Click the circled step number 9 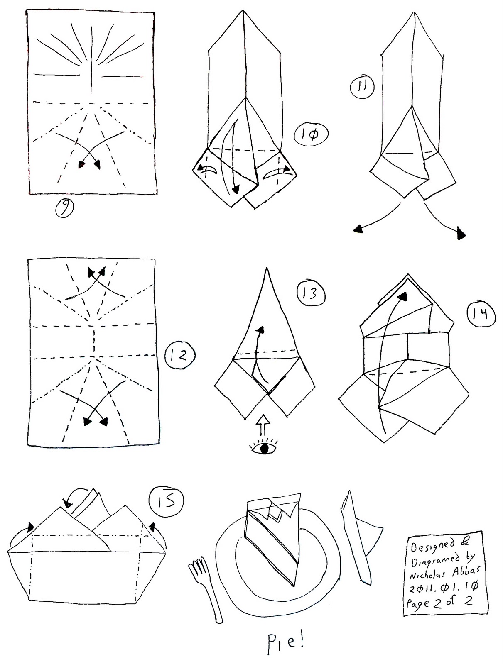point(64,210)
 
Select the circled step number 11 point(362,88)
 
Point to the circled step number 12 point(180,355)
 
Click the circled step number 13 point(311,293)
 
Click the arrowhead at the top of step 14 point(402,296)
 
